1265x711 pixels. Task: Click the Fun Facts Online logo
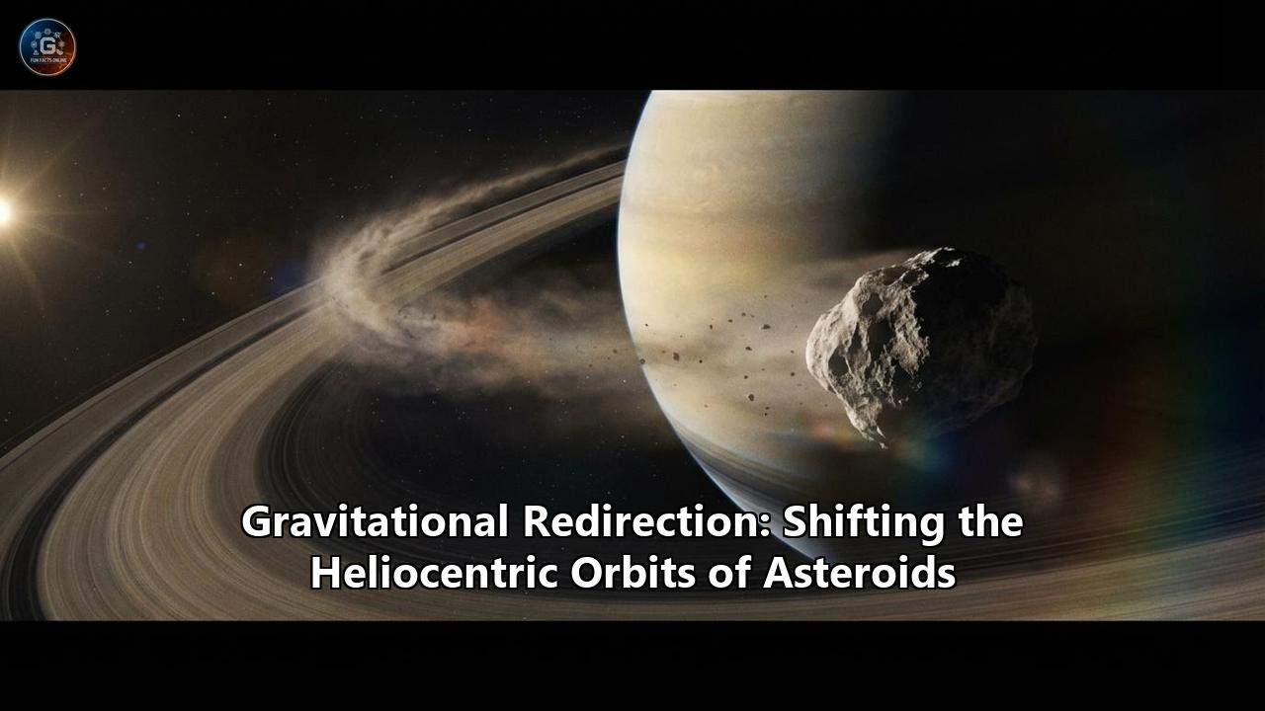47,46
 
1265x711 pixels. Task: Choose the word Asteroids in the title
859,573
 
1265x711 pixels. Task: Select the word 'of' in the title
726,573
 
